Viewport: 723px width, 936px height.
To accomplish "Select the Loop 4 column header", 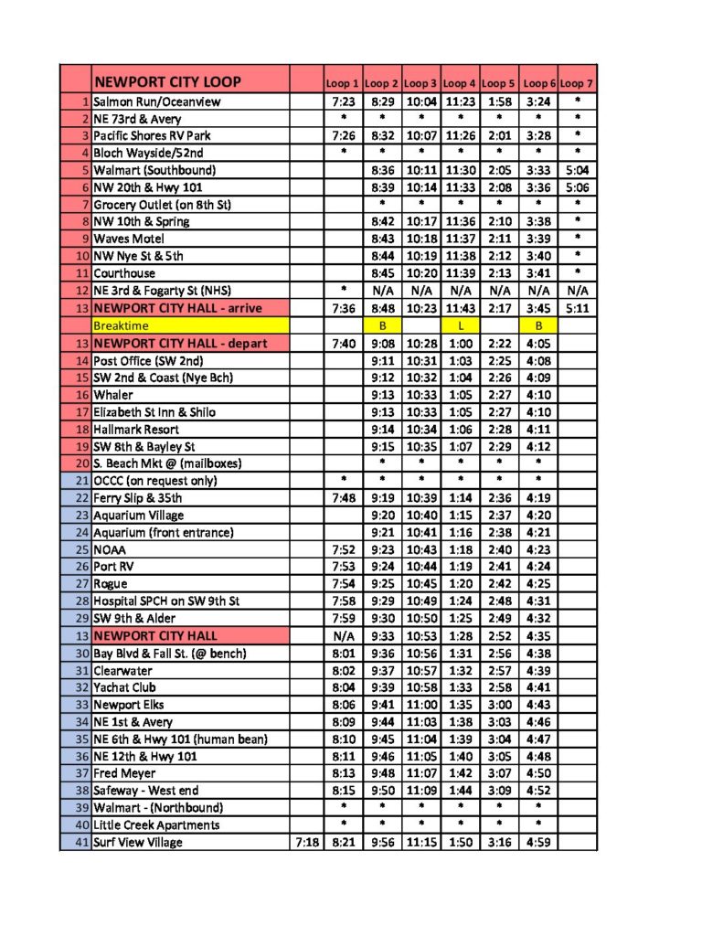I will click(x=460, y=83).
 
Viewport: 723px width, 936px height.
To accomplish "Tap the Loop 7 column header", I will click(x=577, y=83).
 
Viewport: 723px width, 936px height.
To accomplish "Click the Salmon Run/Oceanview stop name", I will click(x=156, y=101).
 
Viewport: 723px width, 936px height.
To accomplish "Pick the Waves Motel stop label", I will click(x=129, y=239).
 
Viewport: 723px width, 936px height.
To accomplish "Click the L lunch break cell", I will click(x=461, y=325).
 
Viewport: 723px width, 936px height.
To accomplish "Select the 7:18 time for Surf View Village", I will click(x=306, y=842).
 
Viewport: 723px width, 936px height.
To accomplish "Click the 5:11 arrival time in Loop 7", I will click(x=577, y=308).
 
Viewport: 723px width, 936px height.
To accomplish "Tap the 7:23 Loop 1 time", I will click(x=344, y=101).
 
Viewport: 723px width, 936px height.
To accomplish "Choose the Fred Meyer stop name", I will click(x=126, y=773).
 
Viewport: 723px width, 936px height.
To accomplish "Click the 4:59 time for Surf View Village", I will click(x=538, y=842).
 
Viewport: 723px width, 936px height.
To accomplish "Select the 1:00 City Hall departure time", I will click(x=461, y=343).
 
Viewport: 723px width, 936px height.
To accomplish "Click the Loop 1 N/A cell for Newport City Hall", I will click(x=344, y=635).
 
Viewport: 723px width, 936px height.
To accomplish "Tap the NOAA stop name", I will click(x=111, y=549).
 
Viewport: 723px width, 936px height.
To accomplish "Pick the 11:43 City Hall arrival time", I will click(x=461, y=308).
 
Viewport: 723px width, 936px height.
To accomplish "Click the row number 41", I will click(x=81, y=842).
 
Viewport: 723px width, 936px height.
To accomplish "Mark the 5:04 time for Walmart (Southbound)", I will click(x=577, y=170).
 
